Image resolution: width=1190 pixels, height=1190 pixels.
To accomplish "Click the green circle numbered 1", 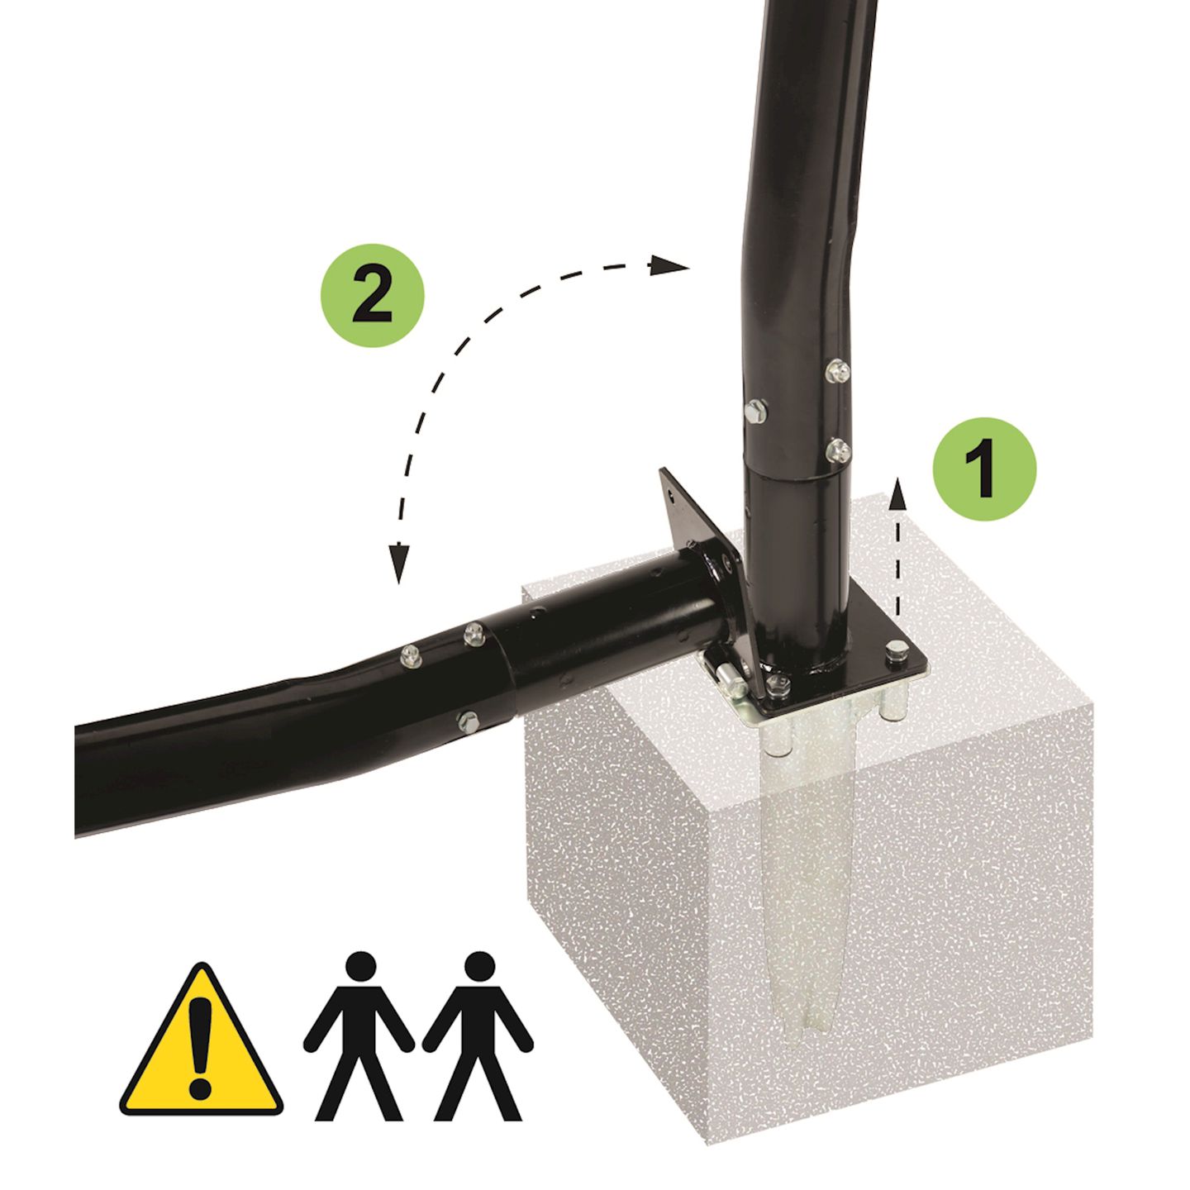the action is tap(984, 469).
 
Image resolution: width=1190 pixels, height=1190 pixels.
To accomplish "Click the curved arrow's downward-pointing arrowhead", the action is tap(399, 564).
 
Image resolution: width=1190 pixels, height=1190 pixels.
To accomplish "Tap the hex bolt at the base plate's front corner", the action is tap(779, 683).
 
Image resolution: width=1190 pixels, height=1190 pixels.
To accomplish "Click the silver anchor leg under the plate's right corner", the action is tap(893, 704).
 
